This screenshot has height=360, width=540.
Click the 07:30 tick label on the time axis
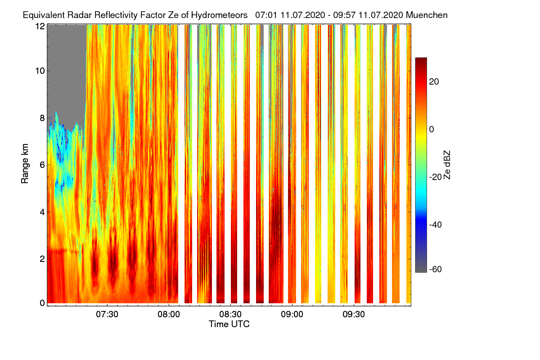click(107, 314)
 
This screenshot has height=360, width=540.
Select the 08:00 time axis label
click(169, 314)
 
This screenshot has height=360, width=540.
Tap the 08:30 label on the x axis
click(230, 314)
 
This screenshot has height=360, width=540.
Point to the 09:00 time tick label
click(292, 314)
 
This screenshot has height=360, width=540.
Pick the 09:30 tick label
click(354, 314)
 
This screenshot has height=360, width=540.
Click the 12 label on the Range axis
click(40, 26)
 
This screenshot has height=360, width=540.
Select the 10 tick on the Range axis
click(40, 71)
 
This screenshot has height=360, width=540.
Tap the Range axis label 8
click(42, 118)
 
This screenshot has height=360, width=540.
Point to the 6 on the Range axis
click(42, 165)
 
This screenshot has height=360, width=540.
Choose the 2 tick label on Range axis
click(42, 258)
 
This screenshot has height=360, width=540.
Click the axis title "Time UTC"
click(229, 324)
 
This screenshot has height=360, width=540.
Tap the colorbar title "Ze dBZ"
click(447, 164)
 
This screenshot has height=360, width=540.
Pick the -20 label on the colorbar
click(436, 177)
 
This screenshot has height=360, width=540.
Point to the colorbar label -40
click(436, 225)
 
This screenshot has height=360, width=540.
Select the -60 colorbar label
click(436, 270)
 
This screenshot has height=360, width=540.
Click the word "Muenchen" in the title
click(427, 15)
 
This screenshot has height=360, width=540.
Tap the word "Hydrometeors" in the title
click(219, 15)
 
